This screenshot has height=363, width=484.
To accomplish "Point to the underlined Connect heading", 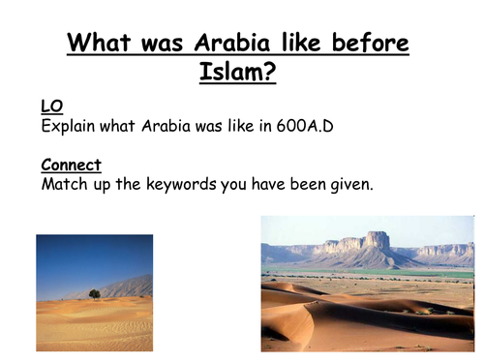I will (x=72, y=166).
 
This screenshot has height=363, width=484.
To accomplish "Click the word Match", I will (x=65, y=184).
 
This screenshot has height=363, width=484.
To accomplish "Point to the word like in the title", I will (x=295, y=44).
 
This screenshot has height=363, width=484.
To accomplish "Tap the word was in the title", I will (x=160, y=44).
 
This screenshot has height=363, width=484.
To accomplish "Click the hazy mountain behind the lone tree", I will (x=131, y=287).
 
